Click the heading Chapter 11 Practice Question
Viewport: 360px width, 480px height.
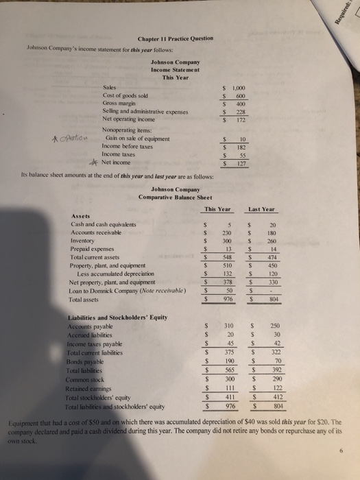[176, 38]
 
